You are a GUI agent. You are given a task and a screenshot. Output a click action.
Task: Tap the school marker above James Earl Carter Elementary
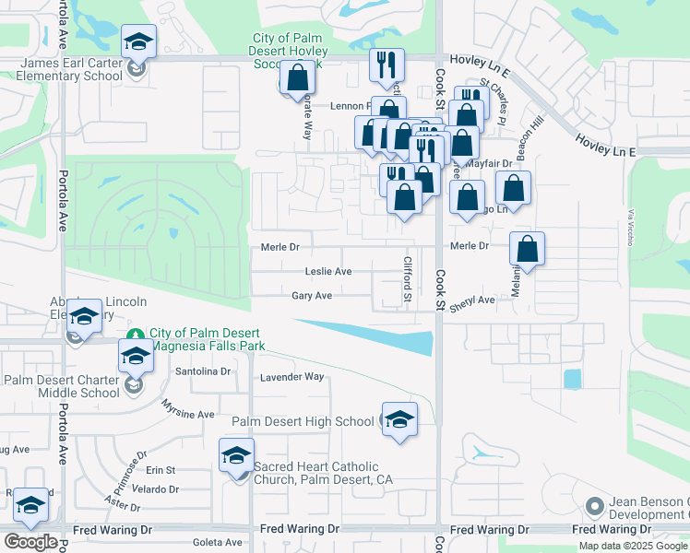tap(138, 41)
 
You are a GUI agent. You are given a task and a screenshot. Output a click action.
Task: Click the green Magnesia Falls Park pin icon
tap(135, 334)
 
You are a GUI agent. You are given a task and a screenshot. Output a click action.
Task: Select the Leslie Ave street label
tap(328, 272)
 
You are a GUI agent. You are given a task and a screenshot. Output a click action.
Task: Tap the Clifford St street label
tap(406, 279)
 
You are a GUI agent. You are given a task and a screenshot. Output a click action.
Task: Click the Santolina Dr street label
tap(202, 371)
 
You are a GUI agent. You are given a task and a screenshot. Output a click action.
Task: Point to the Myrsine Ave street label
tap(187, 408)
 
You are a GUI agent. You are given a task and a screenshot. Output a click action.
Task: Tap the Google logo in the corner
tap(30, 541)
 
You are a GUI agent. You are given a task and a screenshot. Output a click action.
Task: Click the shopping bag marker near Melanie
tap(527, 249)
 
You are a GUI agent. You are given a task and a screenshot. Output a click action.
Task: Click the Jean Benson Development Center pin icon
tap(595, 506)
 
